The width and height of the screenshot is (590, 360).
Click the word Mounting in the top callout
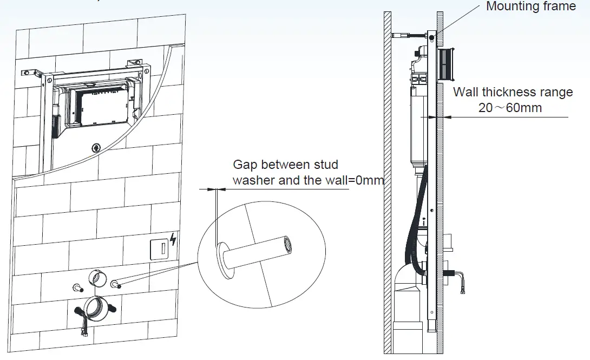pos(509,6)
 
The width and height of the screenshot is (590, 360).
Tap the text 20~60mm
pos(510,108)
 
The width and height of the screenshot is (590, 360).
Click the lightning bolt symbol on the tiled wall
pos(173,239)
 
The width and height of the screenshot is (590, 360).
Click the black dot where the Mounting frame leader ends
pos(431,37)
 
